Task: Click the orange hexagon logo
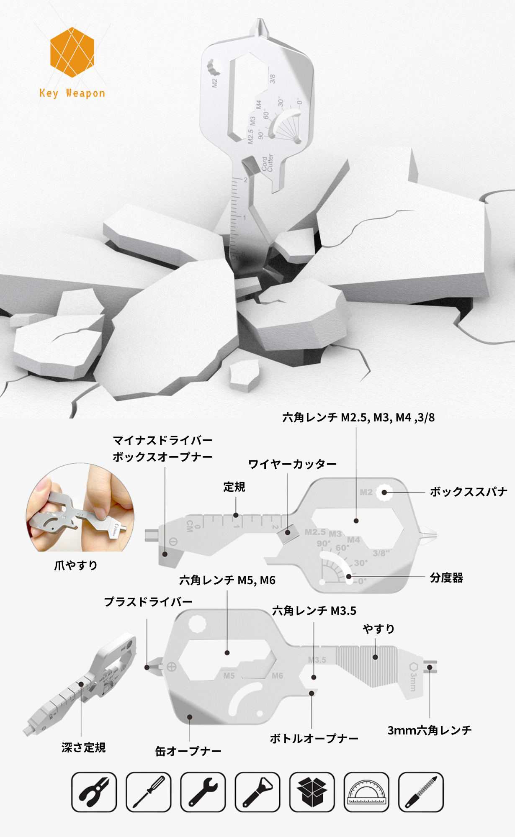click(x=72, y=52)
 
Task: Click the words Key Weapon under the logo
click(x=72, y=93)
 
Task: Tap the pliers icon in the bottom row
click(x=94, y=792)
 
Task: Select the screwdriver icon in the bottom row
click(x=148, y=792)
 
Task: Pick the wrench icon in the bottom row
click(x=203, y=792)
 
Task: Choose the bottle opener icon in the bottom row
click(x=257, y=792)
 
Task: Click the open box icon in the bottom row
click(x=312, y=792)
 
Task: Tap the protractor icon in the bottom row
click(x=366, y=792)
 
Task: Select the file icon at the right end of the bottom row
click(x=421, y=792)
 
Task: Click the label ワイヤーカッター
click(x=292, y=464)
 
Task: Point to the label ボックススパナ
click(x=469, y=492)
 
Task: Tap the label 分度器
click(x=446, y=578)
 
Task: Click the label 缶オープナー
click(x=188, y=751)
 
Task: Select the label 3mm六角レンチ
click(x=430, y=730)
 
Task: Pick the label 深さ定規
click(x=83, y=747)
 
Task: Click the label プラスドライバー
click(x=148, y=602)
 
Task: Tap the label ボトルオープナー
click(x=314, y=739)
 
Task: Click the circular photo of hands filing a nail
click(x=80, y=507)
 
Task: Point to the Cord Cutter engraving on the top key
click(x=267, y=163)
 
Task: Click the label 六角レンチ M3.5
click(x=314, y=611)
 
